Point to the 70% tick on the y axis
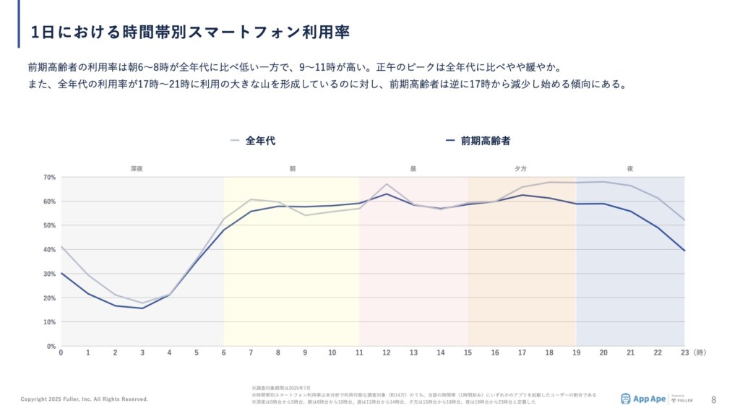coord(49,177)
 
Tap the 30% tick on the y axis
coord(49,274)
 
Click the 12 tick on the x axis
coord(387,353)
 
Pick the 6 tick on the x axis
coord(223,353)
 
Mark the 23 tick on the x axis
coord(684,353)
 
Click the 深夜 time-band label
coord(137,168)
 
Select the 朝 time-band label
coord(292,168)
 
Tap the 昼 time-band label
coord(413,168)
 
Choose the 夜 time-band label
coord(630,168)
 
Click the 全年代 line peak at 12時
coord(387,184)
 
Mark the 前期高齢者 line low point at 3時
coord(142,308)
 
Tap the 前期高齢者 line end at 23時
coord(684,251)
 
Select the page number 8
coord(714,399)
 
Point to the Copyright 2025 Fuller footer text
coord(84,399)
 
